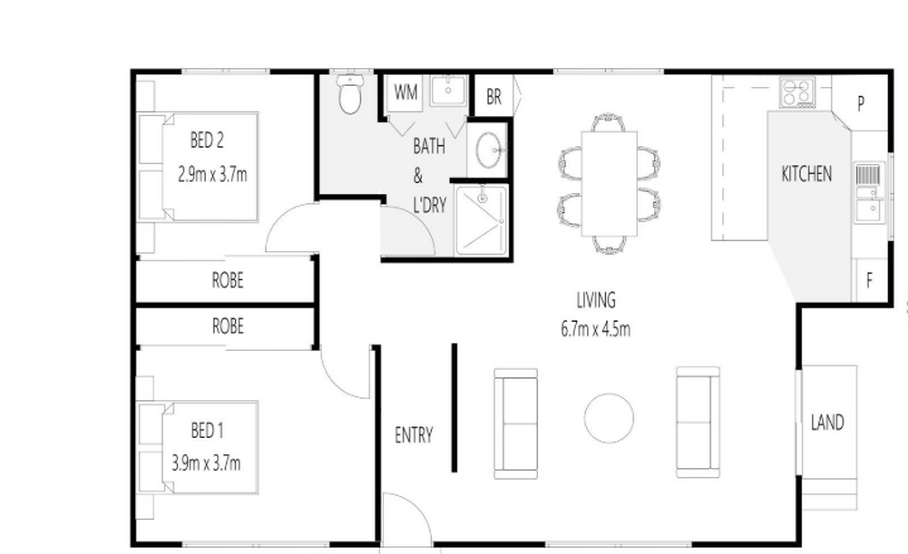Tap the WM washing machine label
406,92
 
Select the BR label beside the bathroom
494,97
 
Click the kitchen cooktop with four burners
798,92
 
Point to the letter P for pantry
861,103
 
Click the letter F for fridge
869,281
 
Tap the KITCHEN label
807,174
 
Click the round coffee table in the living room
609,418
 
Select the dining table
609,184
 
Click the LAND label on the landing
827,422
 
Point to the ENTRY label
414,435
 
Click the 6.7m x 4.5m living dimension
595,329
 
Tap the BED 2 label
207,140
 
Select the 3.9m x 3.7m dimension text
206,463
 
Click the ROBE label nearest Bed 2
227,280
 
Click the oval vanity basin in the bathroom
488,150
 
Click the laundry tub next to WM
448,91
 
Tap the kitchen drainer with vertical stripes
868,175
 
